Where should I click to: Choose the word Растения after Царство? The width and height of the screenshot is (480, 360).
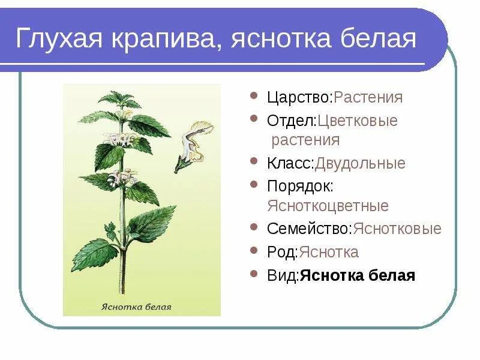point(368,97)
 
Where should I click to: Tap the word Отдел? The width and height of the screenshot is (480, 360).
point(291,121)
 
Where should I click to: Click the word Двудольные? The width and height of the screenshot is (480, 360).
point(361,163)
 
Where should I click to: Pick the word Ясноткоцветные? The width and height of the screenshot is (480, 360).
point(328,206)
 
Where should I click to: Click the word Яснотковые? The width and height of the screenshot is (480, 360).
point(397,229)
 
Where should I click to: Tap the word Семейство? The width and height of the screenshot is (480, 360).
point(310,229)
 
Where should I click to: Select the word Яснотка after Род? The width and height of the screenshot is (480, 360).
point(329,252)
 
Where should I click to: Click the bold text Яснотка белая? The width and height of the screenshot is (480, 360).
point(358,275)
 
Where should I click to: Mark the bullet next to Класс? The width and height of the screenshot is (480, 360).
point(255,163)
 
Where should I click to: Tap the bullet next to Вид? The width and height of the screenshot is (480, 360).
point(255,275)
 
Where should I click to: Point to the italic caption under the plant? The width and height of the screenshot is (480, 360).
point(142,307)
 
